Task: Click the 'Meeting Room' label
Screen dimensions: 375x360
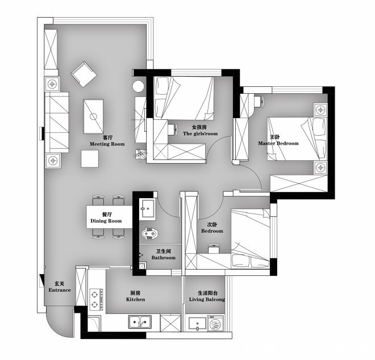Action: (107, 144)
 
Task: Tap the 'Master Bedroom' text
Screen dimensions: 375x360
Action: (278, 144)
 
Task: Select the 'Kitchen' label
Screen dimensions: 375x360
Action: (135, 299)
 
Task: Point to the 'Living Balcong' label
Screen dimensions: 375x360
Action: (207, 299)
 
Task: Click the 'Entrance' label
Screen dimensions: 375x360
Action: (60, 290)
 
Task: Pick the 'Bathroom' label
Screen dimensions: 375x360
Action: (163, 257)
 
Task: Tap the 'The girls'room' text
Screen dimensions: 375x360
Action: (200, 133)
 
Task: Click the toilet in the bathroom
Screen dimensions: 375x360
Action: (150, 233)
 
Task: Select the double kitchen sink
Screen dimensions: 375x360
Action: (140, 322)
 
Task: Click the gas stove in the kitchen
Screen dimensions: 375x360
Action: (96, 299)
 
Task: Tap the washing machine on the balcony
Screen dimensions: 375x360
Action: (215, 323)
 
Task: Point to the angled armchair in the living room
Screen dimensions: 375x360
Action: (84, 74)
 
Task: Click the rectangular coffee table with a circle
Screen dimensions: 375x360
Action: (93, 116)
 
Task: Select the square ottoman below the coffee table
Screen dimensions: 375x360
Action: (90, 158)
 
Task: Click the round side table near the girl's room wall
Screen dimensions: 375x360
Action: (139, 86)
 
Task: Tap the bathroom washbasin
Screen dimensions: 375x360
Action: (148, 209)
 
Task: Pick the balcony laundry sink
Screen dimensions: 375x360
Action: (197, 324)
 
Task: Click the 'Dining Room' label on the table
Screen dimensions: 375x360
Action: (106, 221)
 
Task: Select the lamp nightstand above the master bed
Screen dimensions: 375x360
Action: (320, 110)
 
